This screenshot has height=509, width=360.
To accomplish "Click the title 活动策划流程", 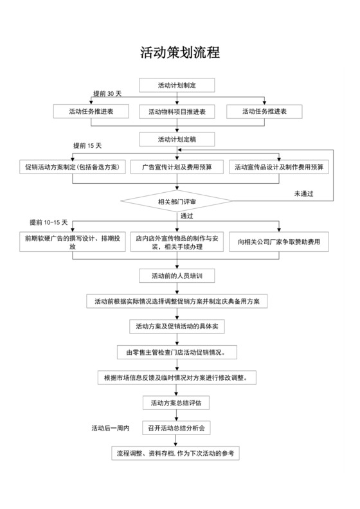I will (x=179, y=53).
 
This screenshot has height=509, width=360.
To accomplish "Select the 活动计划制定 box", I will (x=177, y=84).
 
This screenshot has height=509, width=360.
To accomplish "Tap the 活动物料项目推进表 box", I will (x=177, y=111).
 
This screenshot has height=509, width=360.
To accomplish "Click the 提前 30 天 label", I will (x=107, y=94).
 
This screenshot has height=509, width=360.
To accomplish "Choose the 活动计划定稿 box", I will (x=177, y=139).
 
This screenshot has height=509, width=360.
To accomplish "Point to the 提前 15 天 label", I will (x=87, y=146).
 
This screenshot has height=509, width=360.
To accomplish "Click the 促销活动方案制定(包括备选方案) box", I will (x=71, y=166).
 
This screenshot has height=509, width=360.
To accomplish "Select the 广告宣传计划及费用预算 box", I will (x=177, y=166).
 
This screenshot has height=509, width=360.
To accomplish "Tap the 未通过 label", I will (x=303, y=193).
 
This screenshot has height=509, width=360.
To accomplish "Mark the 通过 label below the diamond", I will (x=187, y=215).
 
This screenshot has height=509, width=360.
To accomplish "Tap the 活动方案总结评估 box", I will (x=177, y=403).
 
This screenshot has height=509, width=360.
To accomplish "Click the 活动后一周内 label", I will (x=111, y=427).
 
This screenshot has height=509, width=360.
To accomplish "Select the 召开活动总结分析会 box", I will (x=177, y=427).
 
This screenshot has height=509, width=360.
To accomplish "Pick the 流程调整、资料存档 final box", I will (x=177, y=453).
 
